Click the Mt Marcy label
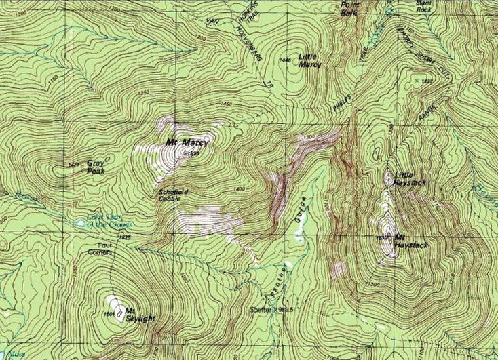[185, 142]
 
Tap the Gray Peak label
[95, 167]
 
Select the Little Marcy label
[309, 61]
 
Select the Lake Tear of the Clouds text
[109, 220]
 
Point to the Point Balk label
[349, 9]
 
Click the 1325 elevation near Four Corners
[123, 237]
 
